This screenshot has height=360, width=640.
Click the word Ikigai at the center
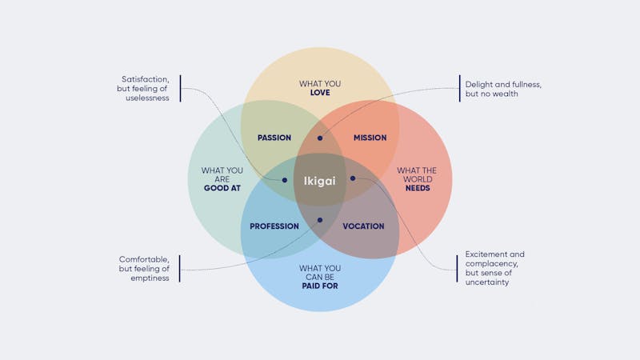pyautogui.click(x=320, y=181)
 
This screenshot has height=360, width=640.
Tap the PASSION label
pyautogui.click(x=274, y=138)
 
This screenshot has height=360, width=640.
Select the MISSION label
pyautogui.click(x=370, y=138)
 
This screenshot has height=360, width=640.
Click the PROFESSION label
pyautogui.click(x=274, y=226)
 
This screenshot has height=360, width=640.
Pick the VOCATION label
pyautogui.click(x=363, y=226)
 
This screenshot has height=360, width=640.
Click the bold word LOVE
pyautogui.click(x=320, y=93)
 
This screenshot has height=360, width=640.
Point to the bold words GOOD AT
pyautogui.click(x=222, y=188)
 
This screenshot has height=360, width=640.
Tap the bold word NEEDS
pyautogui.click(x=417, y=188)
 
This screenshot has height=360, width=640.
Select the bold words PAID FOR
pyautogui.click(x=320, y=285)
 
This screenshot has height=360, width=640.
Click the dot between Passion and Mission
pyautogui.click(x=320, y=138)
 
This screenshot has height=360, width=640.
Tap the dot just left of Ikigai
pyautogui.click(x=284, y=180)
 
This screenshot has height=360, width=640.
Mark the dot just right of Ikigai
pyautogui.click(x=353, y=178)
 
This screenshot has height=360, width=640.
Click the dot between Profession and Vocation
pyautogui.click(x=320, y=220)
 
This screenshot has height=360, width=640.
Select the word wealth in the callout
pyautogui.click(x=505, y=94)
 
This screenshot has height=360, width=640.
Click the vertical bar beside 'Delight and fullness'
pyautogui.click(x=459, y=88)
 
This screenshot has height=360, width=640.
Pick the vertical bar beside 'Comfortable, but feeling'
pyautogui.click(x=180, y=269)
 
